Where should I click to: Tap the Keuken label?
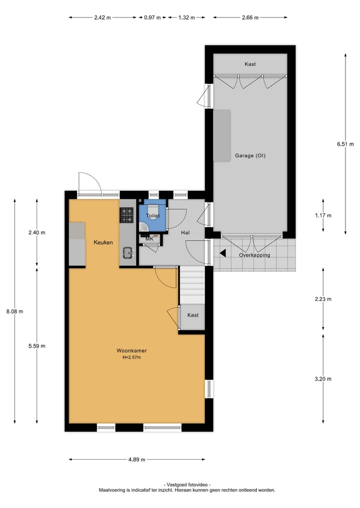(103, 242)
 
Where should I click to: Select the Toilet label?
(153, 216)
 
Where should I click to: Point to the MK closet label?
(149, 239)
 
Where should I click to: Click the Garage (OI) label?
(250, 155)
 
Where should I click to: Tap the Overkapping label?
(254, 255)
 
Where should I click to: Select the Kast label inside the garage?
(250, 64)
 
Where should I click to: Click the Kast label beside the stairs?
(192, 315)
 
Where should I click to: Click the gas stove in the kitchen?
(126, 215)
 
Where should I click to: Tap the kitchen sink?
(127, 253)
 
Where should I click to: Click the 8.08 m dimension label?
(14, 311)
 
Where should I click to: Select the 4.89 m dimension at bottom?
(136, 460)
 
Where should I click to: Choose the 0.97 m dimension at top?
(152, 17)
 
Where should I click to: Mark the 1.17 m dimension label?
(323, 215)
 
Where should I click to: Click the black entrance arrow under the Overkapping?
(223, 253)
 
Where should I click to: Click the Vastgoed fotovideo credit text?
(186, 485)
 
